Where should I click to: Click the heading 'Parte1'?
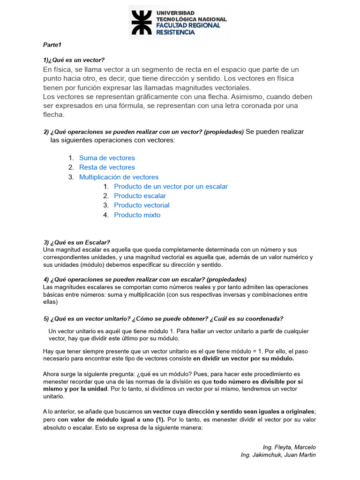pyautogui.click(x=52, y=45)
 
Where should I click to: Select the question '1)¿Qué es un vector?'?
pyautogui.click(x=74, y=60)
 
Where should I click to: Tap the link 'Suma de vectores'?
pyautogui.click(x=107, y=158)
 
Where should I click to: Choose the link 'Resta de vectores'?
pyautogui.click(x=107, y=167)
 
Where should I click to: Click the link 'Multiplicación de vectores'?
pyautogui.click(x=119, y=177)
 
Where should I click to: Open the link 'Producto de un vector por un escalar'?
pyautogui.click(x=171, y=187)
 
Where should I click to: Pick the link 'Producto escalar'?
pyautogui.click(x=140, y=196)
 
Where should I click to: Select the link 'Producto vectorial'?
pyautogui.click(x=142, y=205)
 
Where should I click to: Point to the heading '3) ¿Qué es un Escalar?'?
pyautogui.click(x=76, y=242)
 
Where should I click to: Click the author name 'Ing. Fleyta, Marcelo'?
pyautogui.click(x=289, y=447)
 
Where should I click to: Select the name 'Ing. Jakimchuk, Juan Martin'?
pyautogui.click(x=278, y=455)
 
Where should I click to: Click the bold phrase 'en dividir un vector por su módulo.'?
pyautogui.click(x=244, y=359)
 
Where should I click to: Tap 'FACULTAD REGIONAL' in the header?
pyautogui.click(x=188, y=25)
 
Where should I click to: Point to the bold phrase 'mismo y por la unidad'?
pyautogui.click(x=75, y=389)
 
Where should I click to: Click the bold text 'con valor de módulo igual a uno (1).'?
pyautogui.click(x=111, y=419)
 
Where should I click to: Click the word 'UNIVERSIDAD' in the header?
pyautogui.click(x=175, y=13)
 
